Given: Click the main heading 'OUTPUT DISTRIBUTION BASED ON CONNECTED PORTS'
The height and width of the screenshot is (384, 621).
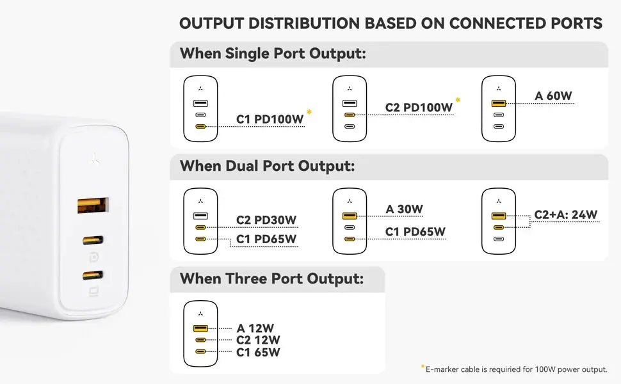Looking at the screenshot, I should click(391, 24).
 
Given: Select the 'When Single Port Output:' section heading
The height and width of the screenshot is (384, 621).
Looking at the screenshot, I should click(273, 54).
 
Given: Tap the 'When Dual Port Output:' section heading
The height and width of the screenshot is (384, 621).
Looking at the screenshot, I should click(267, 166).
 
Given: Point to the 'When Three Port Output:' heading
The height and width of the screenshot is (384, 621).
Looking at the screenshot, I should click(271, 279).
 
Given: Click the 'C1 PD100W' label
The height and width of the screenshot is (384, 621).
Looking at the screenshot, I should click(270, 119).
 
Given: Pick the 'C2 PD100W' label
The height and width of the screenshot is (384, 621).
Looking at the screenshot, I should click(419, 108).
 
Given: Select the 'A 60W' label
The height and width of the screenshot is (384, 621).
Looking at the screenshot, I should click(554, 97).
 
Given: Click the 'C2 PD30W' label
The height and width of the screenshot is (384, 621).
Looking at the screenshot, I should click(266, 220).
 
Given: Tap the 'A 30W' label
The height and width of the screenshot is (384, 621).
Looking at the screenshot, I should click(405, 209).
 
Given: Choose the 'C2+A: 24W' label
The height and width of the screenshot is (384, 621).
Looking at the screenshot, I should click(565, 215).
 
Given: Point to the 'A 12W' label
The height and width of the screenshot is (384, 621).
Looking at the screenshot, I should click(255, 329).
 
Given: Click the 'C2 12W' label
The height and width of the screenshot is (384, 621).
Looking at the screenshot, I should click(258, 340).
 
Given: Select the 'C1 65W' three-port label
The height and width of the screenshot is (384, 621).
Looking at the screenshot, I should click(258, 352).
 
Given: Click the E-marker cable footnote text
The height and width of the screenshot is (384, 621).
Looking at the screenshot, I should click(515, 369).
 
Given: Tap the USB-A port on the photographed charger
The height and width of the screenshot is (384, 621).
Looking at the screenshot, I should click(92, 205).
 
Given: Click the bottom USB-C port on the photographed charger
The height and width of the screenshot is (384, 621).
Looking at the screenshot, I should click(92, 276).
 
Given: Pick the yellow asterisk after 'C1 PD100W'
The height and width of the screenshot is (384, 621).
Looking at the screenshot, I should click(309, 113).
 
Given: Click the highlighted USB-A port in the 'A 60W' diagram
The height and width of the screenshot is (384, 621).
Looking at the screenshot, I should click(499, 103).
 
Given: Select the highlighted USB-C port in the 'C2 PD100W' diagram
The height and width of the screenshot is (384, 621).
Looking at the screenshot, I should click(350, 115).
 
